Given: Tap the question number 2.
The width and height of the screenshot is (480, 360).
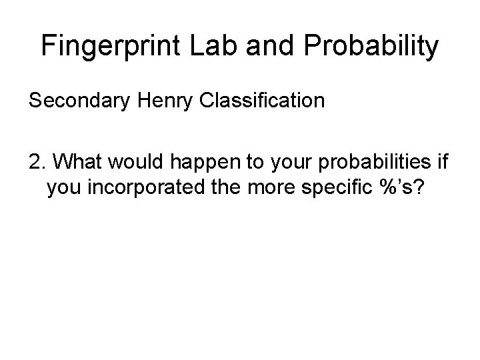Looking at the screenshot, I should pos(35,163).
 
